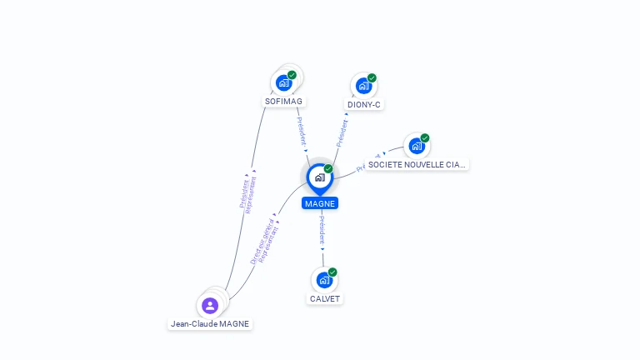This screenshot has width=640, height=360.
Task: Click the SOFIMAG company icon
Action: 284,83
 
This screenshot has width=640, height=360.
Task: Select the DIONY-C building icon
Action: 363,86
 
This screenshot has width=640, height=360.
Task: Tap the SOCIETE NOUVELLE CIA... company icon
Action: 417,146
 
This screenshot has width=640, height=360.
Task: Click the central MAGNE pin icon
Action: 319,177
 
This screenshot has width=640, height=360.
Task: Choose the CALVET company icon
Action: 324,280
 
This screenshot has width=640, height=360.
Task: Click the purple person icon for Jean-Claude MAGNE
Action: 210,306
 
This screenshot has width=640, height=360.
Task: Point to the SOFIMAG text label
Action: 284,102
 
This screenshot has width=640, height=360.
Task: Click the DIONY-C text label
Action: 364,105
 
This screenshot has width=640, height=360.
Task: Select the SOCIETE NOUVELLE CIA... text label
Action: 417,165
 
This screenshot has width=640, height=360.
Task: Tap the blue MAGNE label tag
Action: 320,203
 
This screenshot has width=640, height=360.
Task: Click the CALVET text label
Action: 325,298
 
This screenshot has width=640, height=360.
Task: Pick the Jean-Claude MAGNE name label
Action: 210,324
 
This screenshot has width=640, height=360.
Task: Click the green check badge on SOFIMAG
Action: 292,75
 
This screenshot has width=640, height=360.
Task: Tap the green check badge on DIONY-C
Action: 372,77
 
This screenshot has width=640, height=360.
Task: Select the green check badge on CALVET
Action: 332,272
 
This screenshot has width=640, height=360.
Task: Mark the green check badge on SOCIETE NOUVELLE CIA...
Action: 425,137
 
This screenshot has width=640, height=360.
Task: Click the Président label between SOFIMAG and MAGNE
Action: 301,132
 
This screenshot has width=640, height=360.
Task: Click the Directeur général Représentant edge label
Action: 265,240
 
